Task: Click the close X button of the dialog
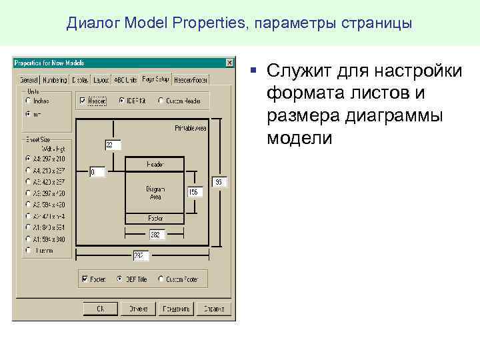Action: (x=229, y=63)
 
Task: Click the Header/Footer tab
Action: (x=191, y=80)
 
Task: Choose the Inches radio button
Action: (x=28, y=101)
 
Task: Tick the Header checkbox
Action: (x=83, y=101)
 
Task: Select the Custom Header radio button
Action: (x=161, y=101)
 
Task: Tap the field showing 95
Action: (x=219, y=181)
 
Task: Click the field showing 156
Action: (x=193, y=192)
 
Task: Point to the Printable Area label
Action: (x=191, y=127)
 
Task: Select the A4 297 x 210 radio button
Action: (x=28, y=159)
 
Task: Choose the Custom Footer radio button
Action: (x=161, y=279)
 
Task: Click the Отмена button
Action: (x=138, y=309)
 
